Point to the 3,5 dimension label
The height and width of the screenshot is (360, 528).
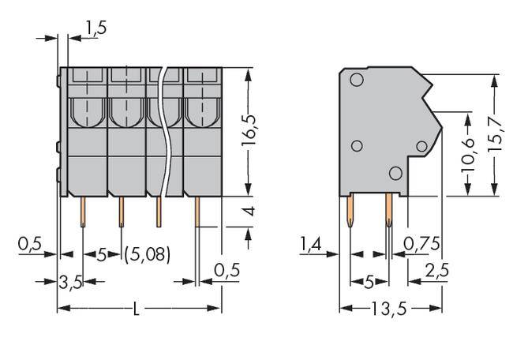click(x=71, y=282)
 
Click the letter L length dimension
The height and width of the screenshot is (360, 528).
click(x=137, y=308)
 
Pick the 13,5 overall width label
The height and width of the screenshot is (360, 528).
click(x=387, y=308)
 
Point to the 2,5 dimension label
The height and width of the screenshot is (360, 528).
click(x=436, y=270)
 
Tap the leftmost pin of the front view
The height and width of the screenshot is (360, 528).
click(x=82, y=211)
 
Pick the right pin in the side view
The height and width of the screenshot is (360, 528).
click(x=388, y=212)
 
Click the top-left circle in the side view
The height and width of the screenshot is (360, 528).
click(x=356, y=80)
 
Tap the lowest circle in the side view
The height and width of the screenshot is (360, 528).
click(x=395, y=173)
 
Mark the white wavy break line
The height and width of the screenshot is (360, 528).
click(x=164, y=134)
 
